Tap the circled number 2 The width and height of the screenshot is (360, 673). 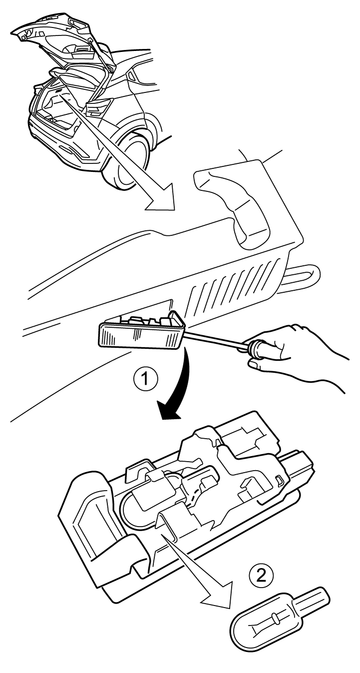(x=261, y=575)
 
